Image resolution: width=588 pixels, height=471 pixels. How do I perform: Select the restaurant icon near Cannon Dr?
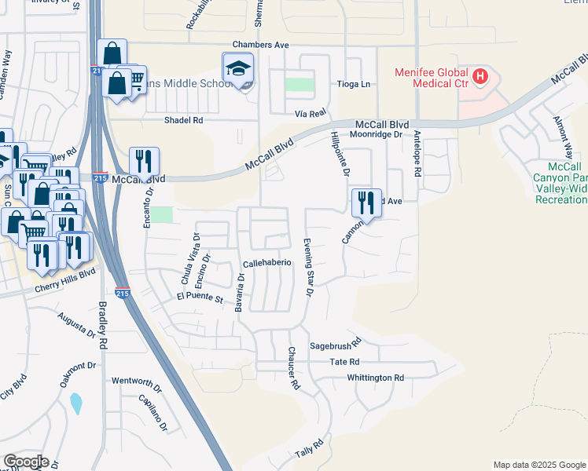point(366,202)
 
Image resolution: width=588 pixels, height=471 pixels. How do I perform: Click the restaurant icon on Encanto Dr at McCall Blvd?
point(144,161)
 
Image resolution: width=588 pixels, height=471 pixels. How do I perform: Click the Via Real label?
point(311,113)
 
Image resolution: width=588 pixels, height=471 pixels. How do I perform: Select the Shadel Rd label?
point(183,120)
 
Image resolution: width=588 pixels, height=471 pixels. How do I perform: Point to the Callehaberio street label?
point(267,263)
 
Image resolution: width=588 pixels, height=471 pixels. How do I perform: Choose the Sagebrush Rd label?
point(334,343)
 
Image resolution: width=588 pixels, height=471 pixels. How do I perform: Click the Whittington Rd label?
point(376,378)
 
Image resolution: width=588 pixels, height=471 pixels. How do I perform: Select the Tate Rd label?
point(344,362)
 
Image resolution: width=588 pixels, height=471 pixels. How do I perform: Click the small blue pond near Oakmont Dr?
point(75,403)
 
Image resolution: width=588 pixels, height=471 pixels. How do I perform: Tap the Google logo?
point(26,462)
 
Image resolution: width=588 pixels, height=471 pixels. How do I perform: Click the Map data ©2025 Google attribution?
point(538,465)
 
